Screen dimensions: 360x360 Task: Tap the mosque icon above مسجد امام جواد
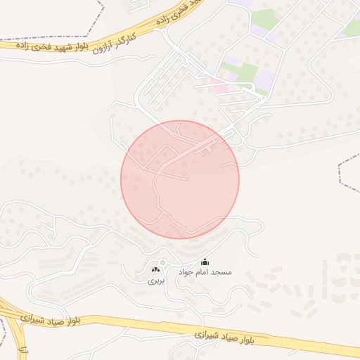[205, 262]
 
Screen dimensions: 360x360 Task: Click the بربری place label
[155, 279]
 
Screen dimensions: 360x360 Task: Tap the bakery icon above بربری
[155, 269]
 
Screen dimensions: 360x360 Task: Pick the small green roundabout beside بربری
[162, 264]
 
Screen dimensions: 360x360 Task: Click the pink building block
[221, 89]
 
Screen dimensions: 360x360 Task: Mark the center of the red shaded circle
[180, 179]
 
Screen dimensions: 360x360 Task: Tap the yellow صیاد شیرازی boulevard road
[127, 325]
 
